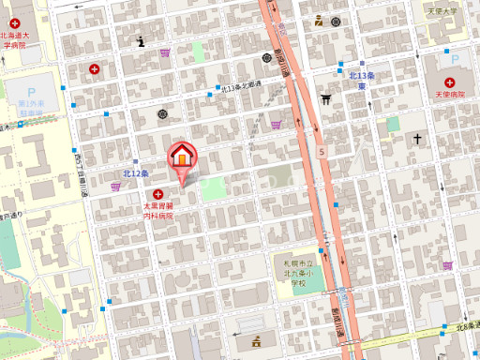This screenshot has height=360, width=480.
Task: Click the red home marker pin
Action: click(x=181, y=158)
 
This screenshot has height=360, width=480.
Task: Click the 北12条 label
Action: click(x=136, y=173)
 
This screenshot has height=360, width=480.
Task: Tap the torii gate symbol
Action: click(x=326, y=97)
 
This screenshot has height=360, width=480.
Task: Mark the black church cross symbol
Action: click(x=418, y=140)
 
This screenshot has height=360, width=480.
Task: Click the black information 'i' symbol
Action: click(x=141, y=41)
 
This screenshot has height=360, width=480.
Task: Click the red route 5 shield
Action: click(x=322, y=150)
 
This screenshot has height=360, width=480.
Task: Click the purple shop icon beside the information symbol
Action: click(x=166, y=52)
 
